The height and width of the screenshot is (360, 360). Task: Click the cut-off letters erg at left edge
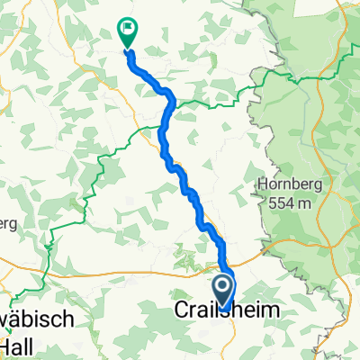click(x=8, y=221)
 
